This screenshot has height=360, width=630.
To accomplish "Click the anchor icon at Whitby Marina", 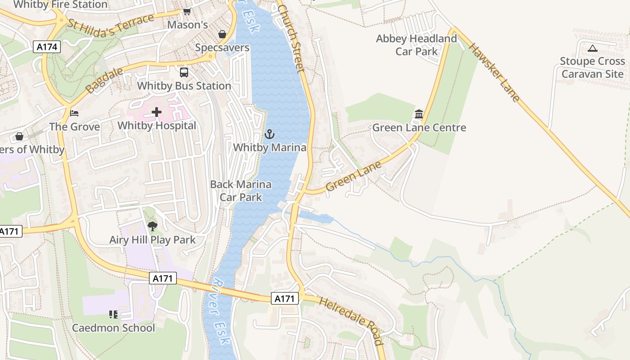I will pyautogui.click(x=269, y=134).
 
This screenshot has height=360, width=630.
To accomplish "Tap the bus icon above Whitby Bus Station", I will pyautogui.click(x=184, y=72).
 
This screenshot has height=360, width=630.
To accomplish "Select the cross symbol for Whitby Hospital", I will pyautogui.click(x=157, y=112).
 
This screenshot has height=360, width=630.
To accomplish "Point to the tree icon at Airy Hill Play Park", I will pyautogui.click(x=153, y=226).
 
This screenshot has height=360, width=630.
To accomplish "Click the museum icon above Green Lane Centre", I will pyautogui.click(x=419, y=114).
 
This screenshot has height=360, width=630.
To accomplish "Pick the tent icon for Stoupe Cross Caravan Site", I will pyautogui.click(x=592, y=48).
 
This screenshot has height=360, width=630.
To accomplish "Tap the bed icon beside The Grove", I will pyautogui.click(x=74, y=113).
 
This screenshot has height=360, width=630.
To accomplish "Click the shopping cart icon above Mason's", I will pyautogui.click(x=187, y=12).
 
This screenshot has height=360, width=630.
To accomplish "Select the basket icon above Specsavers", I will pyautogui.click(x=222, y=34).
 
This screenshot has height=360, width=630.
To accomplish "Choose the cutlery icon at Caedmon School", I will pyautogui.click(x=113, y=314).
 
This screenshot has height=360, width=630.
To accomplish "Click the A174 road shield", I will pyautogui.click(x=47, y=46).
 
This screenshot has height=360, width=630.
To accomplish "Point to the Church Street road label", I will pyautogui.click(x=291, y=38).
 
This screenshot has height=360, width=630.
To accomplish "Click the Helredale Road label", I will pyautogui.click(x=351, y=320).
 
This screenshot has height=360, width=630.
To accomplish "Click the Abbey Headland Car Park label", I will pyautogui.click(x=416, y=45).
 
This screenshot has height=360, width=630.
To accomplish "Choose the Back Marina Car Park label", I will pyautogui.click(x=241, y=190).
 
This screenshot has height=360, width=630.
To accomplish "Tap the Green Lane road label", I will pyautogui.click(x=354, y=176).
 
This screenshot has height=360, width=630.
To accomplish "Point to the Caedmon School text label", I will pyautogui.click(x=113, y=328).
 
